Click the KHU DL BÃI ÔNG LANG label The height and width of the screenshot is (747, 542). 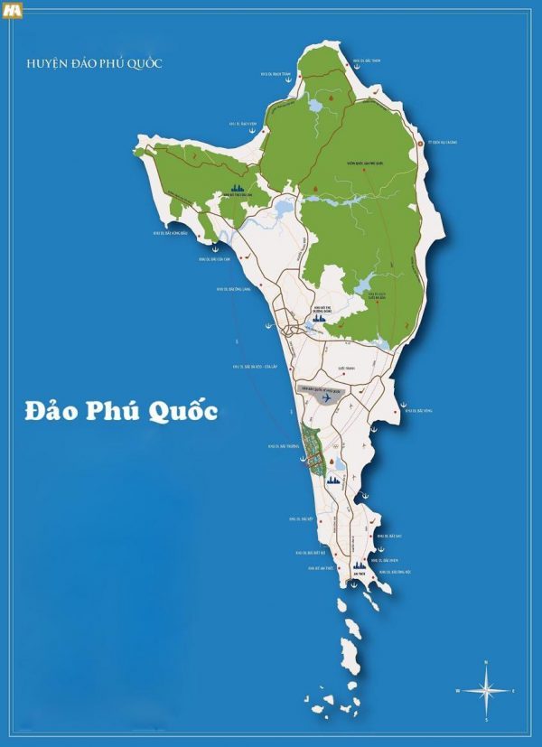point(231,289)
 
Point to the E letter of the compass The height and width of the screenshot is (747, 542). point(513,691)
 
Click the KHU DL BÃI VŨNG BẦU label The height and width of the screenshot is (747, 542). point(171,233)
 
